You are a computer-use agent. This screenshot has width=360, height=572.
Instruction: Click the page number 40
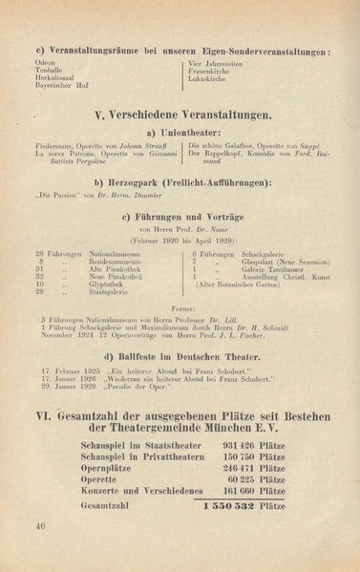click(39, 525)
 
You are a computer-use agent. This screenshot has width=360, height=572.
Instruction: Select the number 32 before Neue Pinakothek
click(40, 276)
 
